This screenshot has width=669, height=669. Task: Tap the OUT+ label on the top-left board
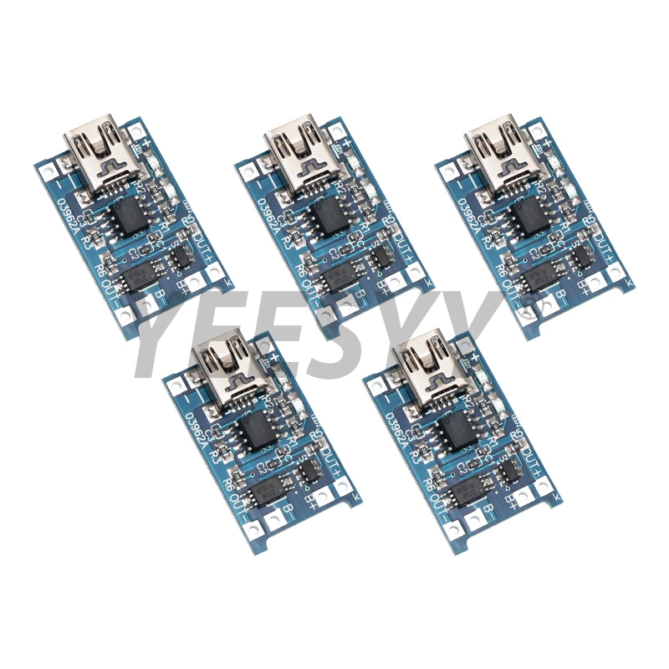tap(202, 233)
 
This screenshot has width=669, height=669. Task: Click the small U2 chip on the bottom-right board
tap(509, 472)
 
